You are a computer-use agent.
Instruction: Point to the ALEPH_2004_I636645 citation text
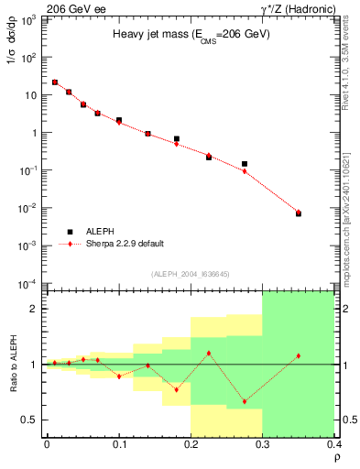191,274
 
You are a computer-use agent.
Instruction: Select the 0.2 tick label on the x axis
191,444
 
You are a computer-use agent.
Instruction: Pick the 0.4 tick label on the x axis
334,444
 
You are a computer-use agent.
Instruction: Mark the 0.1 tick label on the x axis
119,444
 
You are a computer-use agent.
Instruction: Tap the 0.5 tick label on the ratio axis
30,420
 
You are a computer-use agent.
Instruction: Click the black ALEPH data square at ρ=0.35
299,213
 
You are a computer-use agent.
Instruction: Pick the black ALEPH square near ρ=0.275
245,164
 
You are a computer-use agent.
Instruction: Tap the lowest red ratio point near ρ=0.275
245,401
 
